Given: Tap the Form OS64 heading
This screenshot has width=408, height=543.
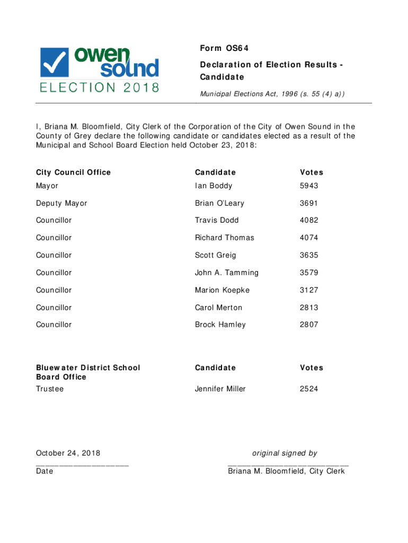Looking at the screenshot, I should tap(224, 49).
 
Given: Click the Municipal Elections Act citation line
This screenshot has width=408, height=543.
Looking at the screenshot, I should tap(272, 94).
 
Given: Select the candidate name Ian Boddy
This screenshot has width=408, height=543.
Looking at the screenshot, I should tap(214, 186).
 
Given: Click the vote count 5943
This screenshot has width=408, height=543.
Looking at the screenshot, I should tap(309, 186).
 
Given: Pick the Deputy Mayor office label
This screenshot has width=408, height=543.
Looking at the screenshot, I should tap(61, 204).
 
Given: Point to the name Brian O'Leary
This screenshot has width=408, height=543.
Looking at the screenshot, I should tap(219, 204).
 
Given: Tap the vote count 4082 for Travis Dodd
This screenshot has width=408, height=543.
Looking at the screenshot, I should tap(309, 221).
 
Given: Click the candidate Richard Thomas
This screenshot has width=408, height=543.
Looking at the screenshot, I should tap(224, 238).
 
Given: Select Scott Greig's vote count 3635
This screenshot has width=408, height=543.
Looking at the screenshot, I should tap(309, 256).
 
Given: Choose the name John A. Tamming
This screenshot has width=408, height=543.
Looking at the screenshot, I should tap(227, 273).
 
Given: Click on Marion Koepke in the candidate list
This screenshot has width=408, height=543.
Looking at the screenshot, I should tap(222, 291).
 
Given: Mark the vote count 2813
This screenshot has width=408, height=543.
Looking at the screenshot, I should tap(309, 308).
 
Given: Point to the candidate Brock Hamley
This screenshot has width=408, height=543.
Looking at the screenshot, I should tap(220, 325).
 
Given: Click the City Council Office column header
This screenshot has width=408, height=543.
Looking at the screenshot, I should tap(73, 172).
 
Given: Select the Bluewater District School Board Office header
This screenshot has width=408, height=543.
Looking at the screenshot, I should tap(88, 372).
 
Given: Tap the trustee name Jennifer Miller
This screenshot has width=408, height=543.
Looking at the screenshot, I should tap(220, 389).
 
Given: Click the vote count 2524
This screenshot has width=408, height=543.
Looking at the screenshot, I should tap(309, 389).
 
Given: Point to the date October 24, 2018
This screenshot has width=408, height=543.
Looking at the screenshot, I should tap(68, 453).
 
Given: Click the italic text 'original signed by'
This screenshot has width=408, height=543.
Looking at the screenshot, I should tap(285, 453).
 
